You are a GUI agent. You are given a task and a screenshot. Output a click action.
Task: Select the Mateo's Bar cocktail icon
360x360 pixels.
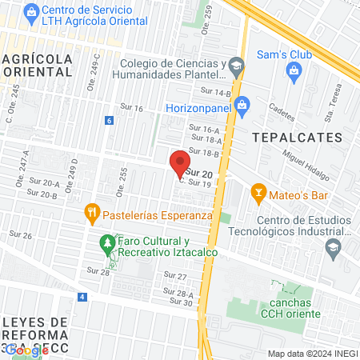pos(258,192)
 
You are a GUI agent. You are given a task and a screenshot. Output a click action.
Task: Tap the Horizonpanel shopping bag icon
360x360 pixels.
pos(244,104)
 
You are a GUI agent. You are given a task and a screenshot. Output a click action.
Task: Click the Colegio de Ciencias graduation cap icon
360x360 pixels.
pos(235,65)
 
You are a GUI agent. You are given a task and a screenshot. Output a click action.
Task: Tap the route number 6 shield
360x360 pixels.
pos(109,121)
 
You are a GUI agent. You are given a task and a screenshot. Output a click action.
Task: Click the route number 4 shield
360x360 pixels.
pos(82,297)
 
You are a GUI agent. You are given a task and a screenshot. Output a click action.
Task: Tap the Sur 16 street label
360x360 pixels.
pos(132,108)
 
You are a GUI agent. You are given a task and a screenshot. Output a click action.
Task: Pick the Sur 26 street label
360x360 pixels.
pos(21,235)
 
